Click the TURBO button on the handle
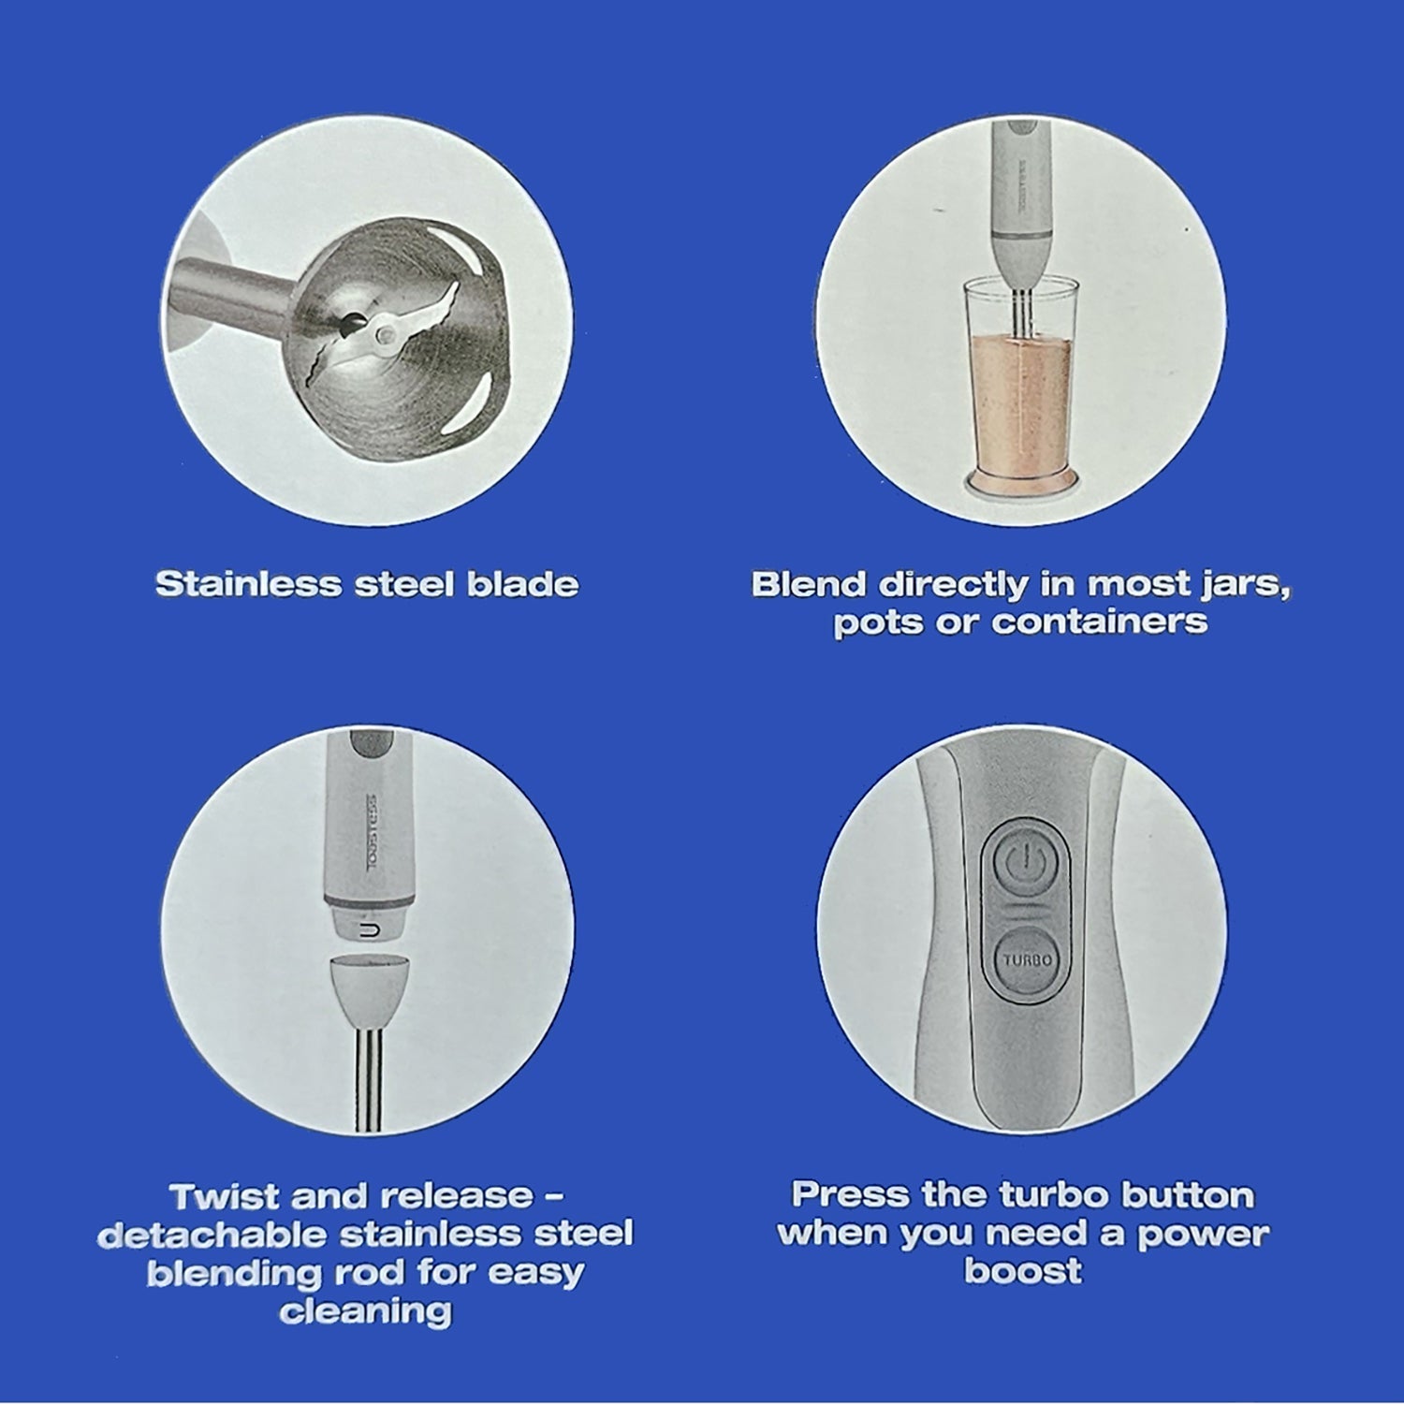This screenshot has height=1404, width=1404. tap(1028, 959)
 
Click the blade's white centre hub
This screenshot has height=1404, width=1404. tap(384, 331)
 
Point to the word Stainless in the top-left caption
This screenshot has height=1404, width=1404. tap(249, 584)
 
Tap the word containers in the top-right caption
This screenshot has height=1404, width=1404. tap(1100, 622)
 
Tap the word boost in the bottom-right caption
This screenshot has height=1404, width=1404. tap(1023, 1272)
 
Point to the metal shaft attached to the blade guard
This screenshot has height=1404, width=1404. tap(228, 290)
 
